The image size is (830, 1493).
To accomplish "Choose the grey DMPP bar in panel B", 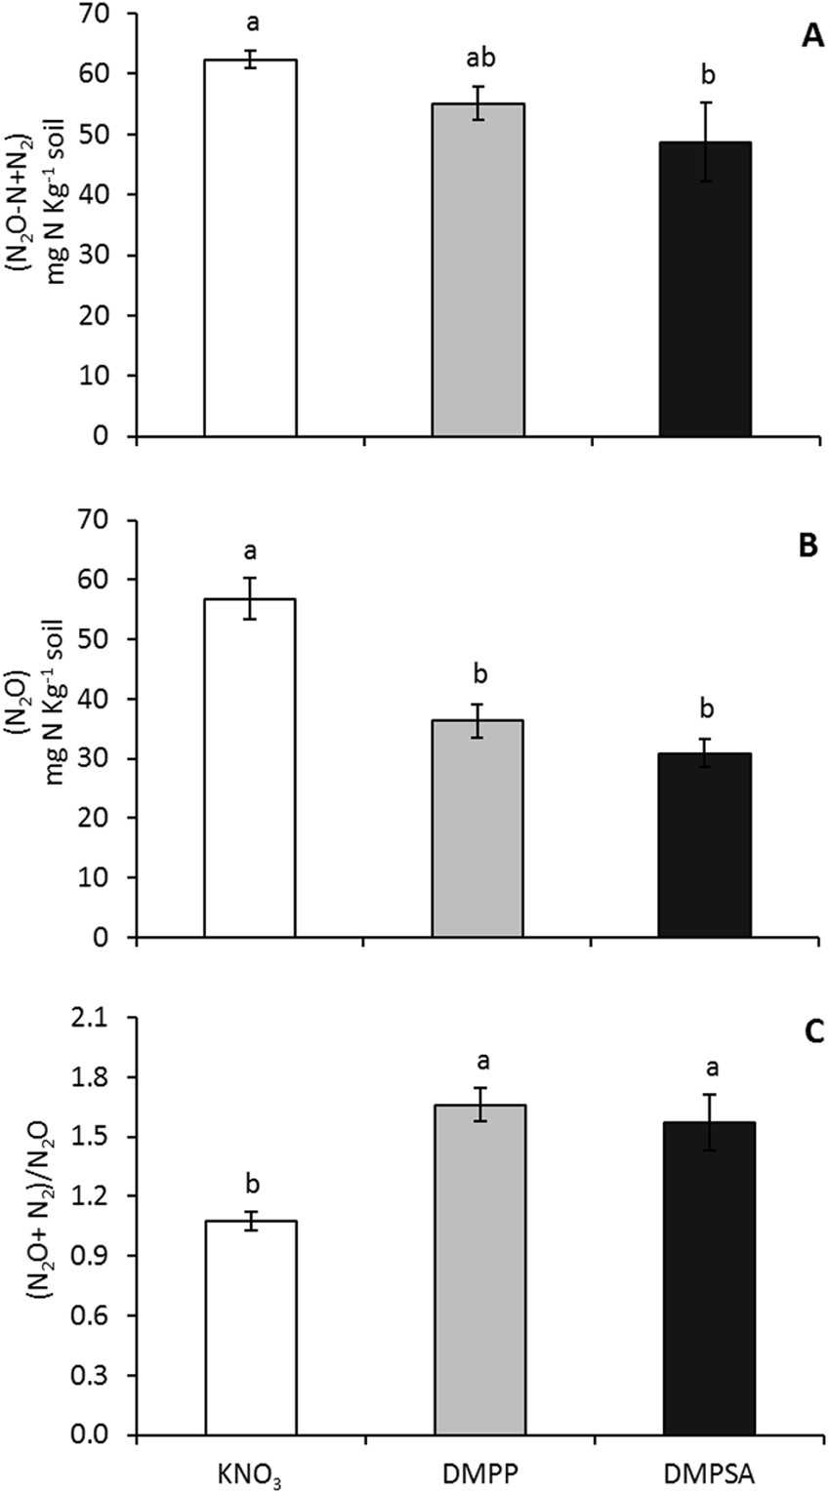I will point(477,828).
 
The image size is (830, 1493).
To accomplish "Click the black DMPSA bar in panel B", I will point(705,845).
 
